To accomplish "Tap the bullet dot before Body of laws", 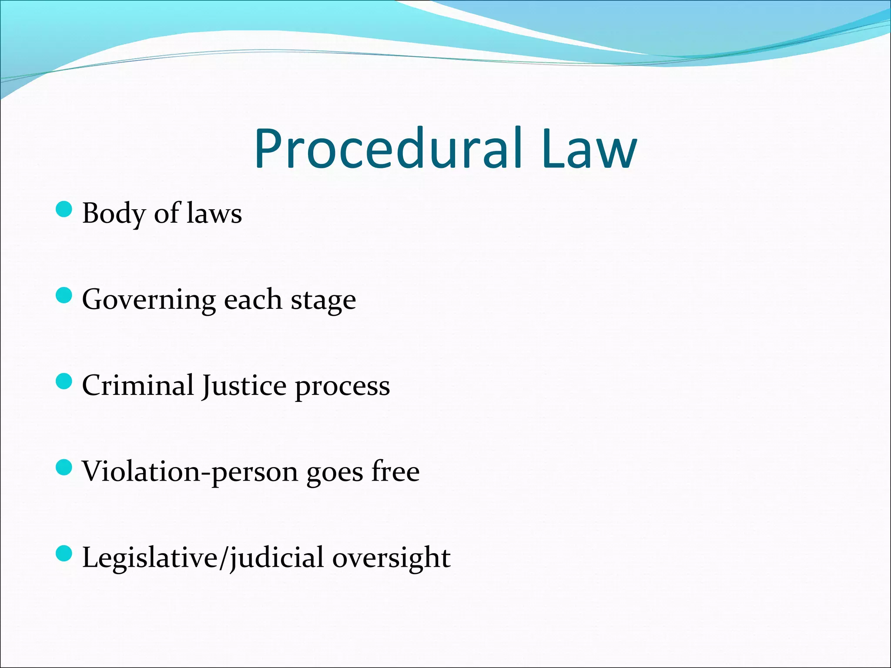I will pyautogui.click(x=64, y=209).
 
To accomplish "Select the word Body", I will pyautogui.click(x=114, y=214).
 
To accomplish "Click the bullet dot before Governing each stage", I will pyautogui.click(x=64, y=296).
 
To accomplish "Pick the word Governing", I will pyautogui.click(x=148, y=300).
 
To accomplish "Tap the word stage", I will pyautogui.click(x=323, y=300).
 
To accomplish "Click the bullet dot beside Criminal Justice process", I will pyautogui.click(x=64, y=381).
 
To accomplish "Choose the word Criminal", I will pyautogui.click(x=137, y=385).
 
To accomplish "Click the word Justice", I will pyautogui.click(x=244, y=386).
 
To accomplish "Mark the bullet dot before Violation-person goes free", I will pyautogui.click(x=64, y=468).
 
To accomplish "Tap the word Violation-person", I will pyautogui.click(x=190, y=472).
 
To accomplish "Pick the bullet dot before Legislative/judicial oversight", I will pyautogui.click(x=64, y=554).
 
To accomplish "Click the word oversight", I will pyautogui.click(x=391, y=558).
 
